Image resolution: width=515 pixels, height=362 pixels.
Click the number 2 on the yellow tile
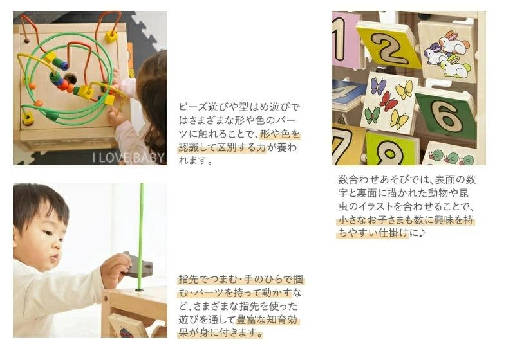click(389, 48)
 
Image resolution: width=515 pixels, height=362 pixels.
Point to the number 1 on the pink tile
click(338, 39)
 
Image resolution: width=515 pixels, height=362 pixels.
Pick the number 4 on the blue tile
click(344, 92)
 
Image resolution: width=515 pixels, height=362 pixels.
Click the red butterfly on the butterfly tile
click(388, 101)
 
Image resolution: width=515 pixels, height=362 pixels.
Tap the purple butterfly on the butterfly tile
click(378, 86)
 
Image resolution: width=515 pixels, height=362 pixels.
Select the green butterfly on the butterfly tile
click(372, 116)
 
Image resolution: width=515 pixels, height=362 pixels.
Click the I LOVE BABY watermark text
click(127, 158)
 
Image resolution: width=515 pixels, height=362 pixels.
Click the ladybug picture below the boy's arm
click(126, 332)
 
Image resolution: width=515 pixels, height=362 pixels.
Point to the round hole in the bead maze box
click(70, 79)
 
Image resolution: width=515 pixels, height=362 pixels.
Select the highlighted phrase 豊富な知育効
click(267, 320)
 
